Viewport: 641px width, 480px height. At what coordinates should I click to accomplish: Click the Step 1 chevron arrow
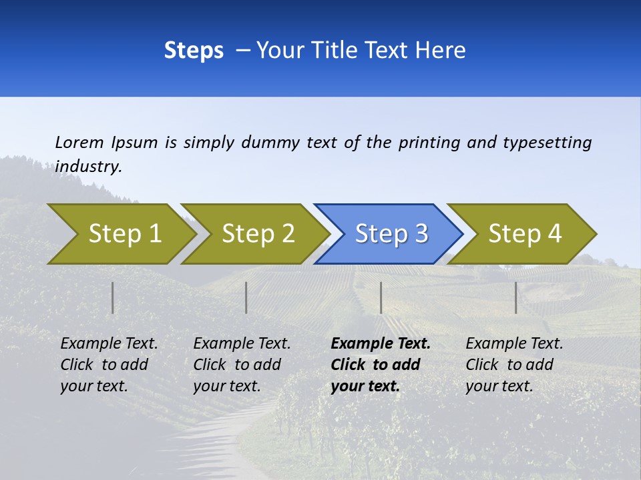(x=124, y=234)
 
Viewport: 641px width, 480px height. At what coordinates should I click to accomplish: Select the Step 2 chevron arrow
(x=257, y=234)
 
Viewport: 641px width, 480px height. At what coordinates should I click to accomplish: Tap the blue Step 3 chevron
(x=391, y=234)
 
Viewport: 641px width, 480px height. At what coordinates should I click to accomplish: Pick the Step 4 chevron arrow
(x=524, y=234)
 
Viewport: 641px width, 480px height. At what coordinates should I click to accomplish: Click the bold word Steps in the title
(x=194, y=51)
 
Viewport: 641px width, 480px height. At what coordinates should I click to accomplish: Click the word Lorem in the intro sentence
(x=79, y=142)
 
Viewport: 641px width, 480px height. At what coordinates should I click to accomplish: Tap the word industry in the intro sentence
(x=88, y=166)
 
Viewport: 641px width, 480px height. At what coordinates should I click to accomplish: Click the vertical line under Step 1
(x=113, y=297)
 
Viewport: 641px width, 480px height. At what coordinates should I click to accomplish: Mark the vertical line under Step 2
(x=246, y=297)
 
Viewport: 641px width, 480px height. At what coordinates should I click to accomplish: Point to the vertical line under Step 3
(x=381, y=297)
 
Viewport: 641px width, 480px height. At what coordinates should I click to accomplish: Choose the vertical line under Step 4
(x=516, y=297)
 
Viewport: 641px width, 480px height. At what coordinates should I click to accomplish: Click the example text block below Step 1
(x=109, y=365)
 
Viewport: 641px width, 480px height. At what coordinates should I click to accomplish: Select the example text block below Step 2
(x=242, y=365)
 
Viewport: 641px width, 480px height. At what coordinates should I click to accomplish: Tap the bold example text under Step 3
(x=380, y=365)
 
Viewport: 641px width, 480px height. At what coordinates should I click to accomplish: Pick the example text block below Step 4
(x=514, y=365)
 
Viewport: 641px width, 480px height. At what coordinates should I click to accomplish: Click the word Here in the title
(x=439, y=51)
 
